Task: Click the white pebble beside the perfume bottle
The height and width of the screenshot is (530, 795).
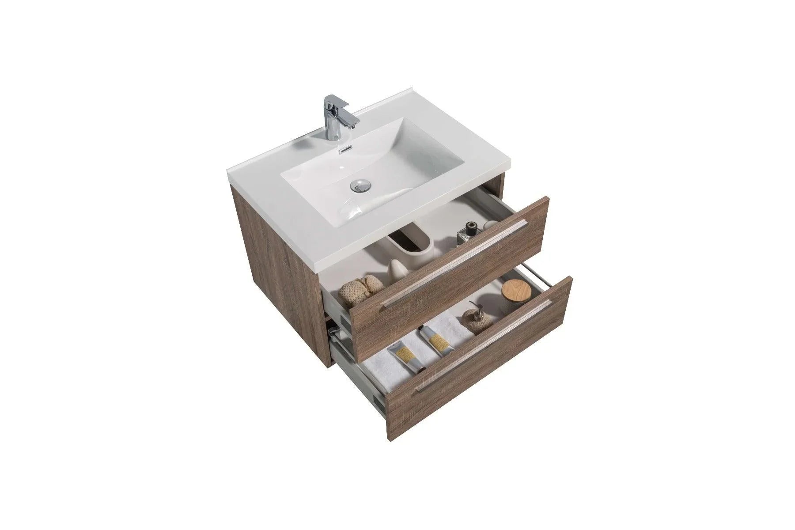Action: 488,226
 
